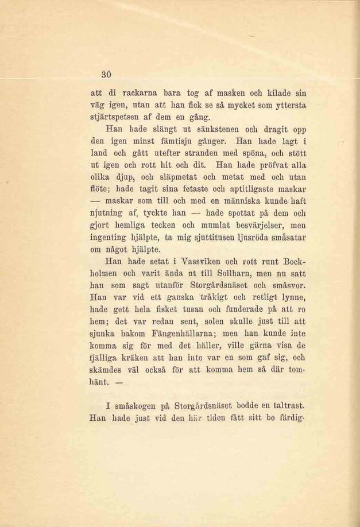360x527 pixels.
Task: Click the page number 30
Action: [106, 73]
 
